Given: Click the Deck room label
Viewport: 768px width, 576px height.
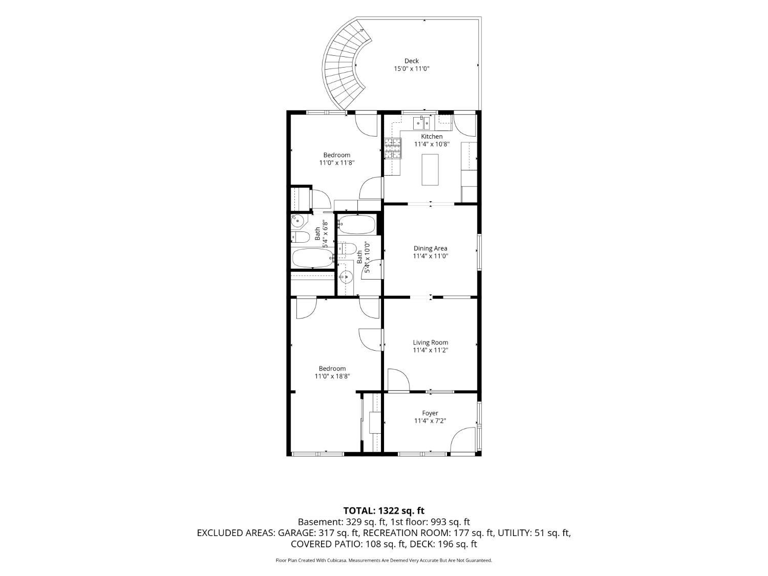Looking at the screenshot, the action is point(412,61).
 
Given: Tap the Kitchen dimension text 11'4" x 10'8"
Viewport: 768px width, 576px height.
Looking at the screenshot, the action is point(432,144).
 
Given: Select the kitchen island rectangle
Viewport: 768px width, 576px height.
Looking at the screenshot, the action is point(430,169).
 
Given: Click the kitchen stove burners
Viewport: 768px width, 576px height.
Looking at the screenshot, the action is point(393,148).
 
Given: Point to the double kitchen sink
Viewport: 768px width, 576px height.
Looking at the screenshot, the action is point(421,123).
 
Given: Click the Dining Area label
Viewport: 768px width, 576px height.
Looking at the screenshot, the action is point(431,248).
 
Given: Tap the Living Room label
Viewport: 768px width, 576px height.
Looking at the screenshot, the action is point(431,343).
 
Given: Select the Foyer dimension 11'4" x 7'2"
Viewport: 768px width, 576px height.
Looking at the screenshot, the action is point(430,421).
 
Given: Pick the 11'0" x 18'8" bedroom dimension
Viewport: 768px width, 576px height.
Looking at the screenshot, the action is point(332,376).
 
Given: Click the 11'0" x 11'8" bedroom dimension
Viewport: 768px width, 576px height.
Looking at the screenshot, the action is point(337,163).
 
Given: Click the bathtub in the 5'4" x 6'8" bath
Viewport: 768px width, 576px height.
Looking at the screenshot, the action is point(313,258).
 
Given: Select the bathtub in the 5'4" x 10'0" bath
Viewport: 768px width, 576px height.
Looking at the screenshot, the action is point(357,225).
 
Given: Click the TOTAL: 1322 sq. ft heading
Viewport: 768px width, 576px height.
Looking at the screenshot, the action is point(384,510).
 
